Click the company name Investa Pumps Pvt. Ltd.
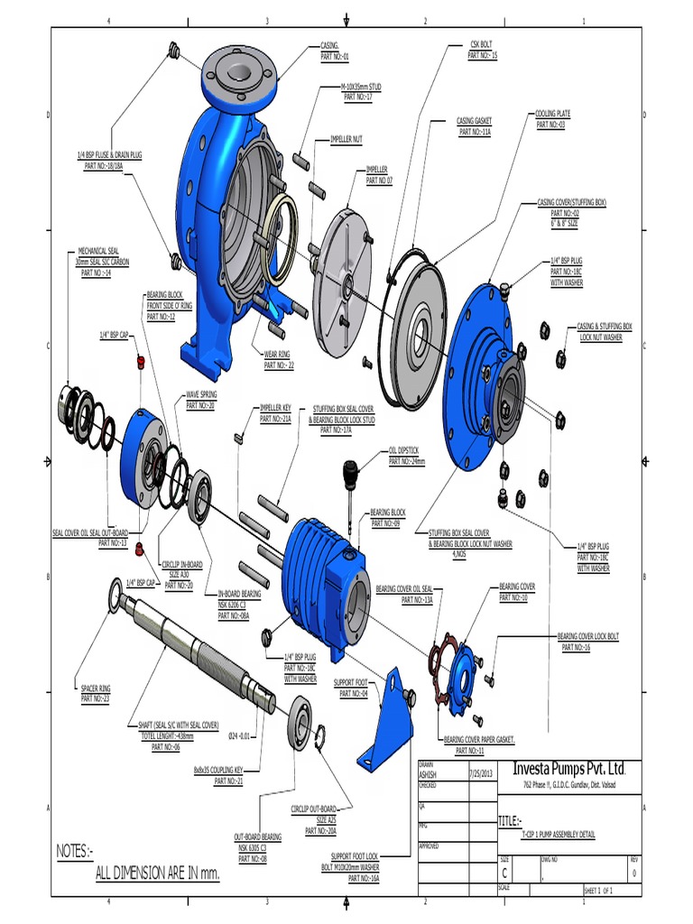(568, 768)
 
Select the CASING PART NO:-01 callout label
(335, 51)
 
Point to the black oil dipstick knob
(350, 469)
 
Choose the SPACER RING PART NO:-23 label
(95, 693)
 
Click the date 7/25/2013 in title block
(482, 773)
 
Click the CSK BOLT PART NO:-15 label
(483, 51)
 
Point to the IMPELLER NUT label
(346, 139)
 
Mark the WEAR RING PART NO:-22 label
(279, 361)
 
